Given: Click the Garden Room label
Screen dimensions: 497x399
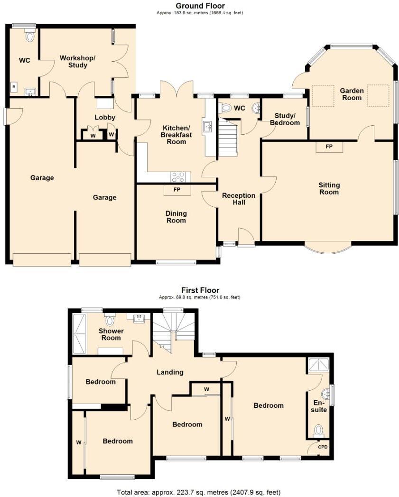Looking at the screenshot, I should click(351, 94).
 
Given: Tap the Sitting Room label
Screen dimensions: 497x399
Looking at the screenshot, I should click(329, 188).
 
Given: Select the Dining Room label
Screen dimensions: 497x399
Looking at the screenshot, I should click(176, 217).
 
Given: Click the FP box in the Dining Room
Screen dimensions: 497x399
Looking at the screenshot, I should click(177, 190).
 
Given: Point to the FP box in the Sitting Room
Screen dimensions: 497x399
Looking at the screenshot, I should click(329, 147).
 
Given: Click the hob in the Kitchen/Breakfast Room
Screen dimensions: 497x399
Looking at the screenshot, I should click(179, 177).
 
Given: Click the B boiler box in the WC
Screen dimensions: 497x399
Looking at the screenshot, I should click(14, 88).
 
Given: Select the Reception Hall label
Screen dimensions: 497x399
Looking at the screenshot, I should click(239, 199).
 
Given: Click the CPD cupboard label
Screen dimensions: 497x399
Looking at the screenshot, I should click(322, 447).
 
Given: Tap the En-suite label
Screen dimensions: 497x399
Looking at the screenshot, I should click(320, 406).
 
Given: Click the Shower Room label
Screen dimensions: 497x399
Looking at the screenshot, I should click(111, 334).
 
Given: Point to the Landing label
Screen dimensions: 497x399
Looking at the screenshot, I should click(170, 372).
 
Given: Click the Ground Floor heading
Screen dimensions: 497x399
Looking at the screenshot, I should click(200, 6).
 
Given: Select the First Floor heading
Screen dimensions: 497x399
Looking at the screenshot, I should click(200, 290).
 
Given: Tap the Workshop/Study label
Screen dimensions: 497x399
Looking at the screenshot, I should click(77, 61).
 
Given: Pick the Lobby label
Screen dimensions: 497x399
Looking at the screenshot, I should click(105, 117).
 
